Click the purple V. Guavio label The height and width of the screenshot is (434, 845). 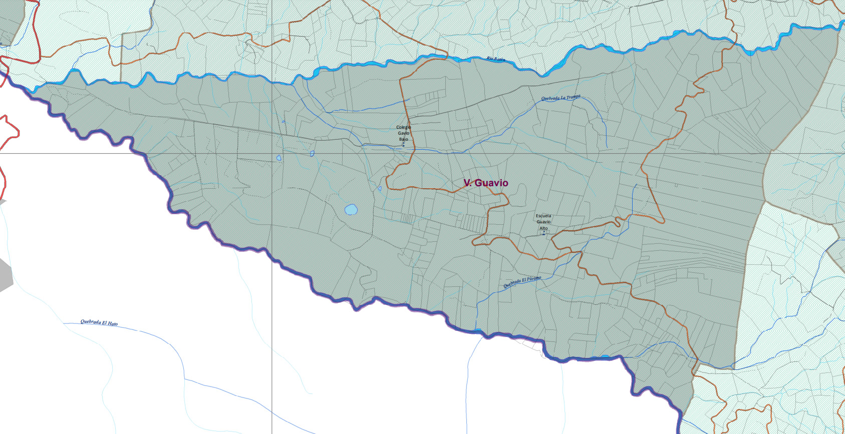coord(485,183)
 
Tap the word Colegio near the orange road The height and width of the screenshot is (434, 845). coord(403,127)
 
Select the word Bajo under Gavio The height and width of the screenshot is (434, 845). coord(403,139)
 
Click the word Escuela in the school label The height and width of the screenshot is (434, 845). coord(543,216)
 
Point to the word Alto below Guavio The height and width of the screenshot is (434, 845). coord(543,228)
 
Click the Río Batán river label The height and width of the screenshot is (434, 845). coord(495,59)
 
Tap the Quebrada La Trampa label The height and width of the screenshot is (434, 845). coord(560,98)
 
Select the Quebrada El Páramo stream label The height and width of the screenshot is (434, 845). coord(522,282)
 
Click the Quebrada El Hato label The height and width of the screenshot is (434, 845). coord(99,323)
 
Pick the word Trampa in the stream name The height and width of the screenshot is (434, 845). coord(573,97)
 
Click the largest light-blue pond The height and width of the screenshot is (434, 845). coord(351,209)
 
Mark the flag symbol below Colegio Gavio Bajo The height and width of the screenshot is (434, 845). coord(403,145)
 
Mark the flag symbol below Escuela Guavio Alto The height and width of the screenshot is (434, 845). coord(544,233)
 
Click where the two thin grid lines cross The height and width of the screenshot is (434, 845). coord(272,153)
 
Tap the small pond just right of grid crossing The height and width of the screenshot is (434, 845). coord(279,158)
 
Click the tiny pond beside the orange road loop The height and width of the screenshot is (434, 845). coord(380,189)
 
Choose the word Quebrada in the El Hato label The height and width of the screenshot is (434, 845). coord(91,322)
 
